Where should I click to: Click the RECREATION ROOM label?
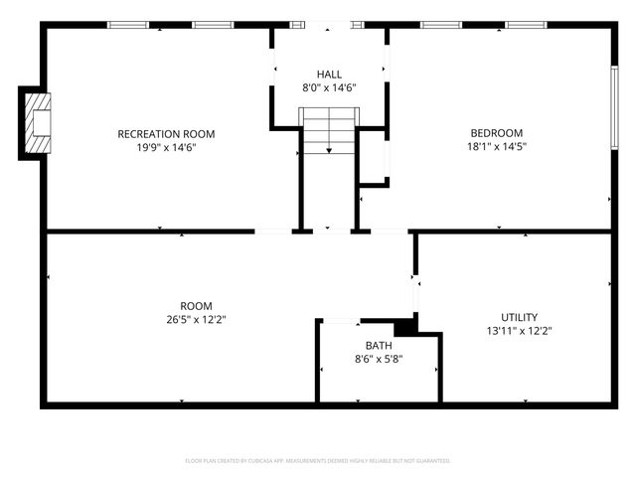[x=166, y=134]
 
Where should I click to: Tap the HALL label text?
[x=329, y=75]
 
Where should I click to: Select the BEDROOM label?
[x=497, y=133]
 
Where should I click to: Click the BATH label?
[x=379, y=346]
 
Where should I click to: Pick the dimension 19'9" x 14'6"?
[x=166, y=148]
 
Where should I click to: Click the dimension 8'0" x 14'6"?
[x=329, y=88]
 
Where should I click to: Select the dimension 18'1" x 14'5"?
[x=497, y=147]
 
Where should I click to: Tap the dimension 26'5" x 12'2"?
[x=196, y=320]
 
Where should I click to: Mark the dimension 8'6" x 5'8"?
[x=379, y=360]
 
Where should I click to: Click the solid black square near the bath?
[x=404, y=327]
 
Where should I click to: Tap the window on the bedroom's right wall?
[x=614, y=109]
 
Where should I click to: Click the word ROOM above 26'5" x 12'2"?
[x=196, y=306]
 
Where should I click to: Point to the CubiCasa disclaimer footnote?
[x=318, y=461]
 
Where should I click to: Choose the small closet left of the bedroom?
[x=373, y=157]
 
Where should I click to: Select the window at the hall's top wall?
[x=328, y=24]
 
